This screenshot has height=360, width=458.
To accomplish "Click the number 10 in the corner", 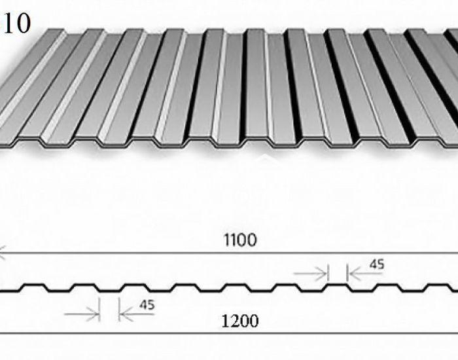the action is point(16,24).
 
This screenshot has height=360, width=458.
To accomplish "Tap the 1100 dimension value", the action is point(240,240).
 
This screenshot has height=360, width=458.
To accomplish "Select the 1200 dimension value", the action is point(240,321).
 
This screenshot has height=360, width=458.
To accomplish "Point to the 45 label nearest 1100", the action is point(377,264).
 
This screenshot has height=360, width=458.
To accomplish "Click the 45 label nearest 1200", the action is point(147,305).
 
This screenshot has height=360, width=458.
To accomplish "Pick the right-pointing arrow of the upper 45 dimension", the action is point(310,274).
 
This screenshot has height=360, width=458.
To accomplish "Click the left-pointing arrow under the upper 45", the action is point(366,274).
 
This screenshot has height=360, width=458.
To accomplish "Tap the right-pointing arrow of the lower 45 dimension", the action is point(82,314).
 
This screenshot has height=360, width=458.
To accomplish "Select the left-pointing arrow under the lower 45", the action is point(137,314).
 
